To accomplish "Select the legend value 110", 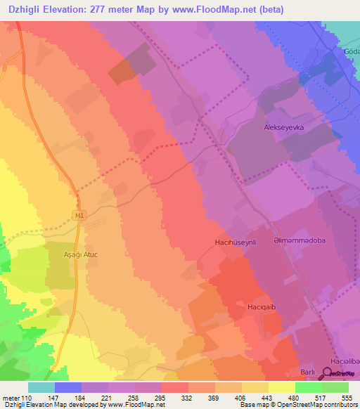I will (27, 397).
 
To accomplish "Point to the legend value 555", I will (346, 397).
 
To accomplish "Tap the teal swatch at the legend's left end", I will (41, 387).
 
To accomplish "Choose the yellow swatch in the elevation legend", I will (282, 387).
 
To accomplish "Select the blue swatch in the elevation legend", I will (68, 387).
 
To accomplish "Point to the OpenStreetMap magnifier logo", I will (330, 373).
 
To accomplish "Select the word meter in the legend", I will (11, 397).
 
